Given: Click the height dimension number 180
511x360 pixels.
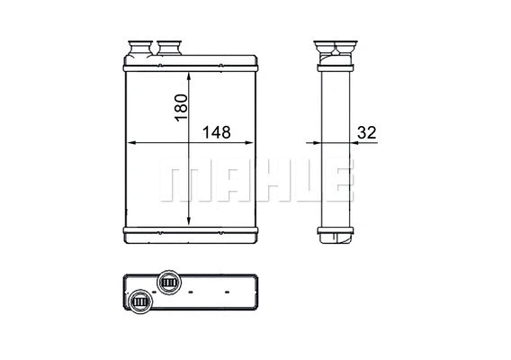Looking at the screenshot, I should (x=181, y=107).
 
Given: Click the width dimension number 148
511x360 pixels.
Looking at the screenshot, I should (x=215, y=132).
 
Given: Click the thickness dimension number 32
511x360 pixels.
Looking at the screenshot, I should (x=366, y=132).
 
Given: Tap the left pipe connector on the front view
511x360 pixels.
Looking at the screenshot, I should (x=140, y=47).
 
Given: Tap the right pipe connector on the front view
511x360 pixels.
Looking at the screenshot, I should (x=171, y=47).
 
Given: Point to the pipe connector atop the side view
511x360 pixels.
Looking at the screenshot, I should (x=334, y=47).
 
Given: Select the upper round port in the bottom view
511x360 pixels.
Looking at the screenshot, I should (x=167, y=283).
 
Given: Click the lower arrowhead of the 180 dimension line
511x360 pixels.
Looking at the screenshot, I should (x=188, y=223).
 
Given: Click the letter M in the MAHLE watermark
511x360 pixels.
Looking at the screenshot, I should (x=180, y=180).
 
